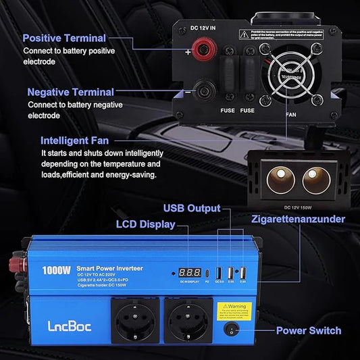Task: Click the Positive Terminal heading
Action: [64, 38]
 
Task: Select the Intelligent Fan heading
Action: [78, 141]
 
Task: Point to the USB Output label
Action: [192, 208]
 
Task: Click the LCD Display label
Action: [145, 224]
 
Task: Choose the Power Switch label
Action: [309, 331]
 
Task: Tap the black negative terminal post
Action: [201, 87]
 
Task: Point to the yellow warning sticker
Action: [233, 310]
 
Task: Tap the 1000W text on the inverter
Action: [55, 269]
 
